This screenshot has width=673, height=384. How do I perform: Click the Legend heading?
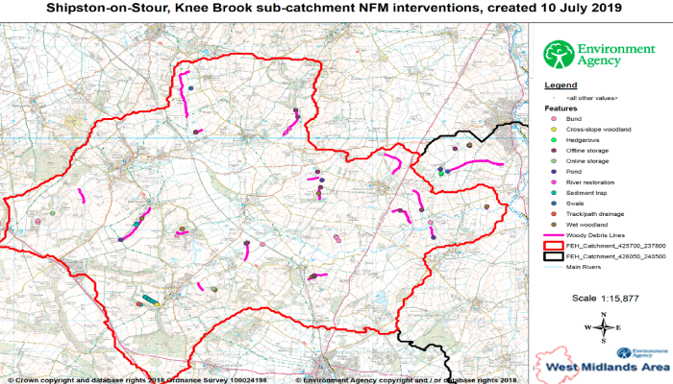click(561, 85)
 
